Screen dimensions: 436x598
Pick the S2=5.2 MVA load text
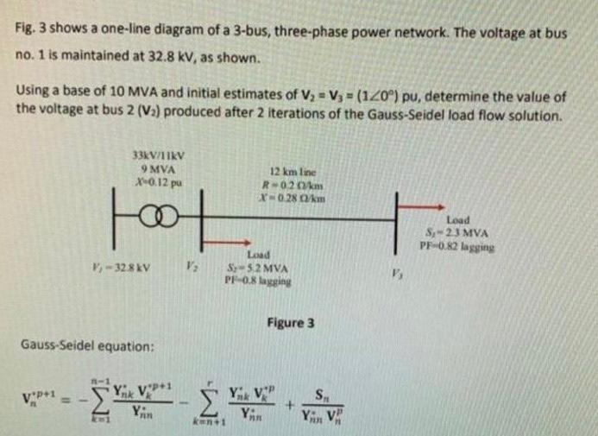point(256,269)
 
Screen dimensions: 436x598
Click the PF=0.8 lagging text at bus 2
point(256,280)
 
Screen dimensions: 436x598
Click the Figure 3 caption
point(291,323)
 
